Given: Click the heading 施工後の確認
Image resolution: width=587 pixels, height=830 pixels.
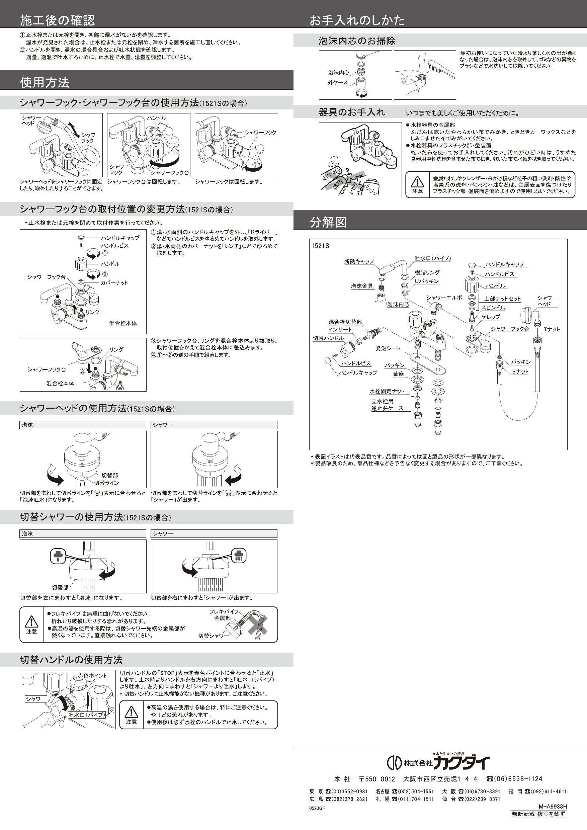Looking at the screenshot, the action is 57,20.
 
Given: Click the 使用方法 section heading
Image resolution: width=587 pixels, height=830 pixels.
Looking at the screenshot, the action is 45,82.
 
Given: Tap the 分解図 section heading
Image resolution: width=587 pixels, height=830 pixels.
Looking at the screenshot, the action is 328,222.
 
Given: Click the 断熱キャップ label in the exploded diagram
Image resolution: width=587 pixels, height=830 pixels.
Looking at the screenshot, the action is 359,261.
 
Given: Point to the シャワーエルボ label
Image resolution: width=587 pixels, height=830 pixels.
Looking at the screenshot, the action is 444,298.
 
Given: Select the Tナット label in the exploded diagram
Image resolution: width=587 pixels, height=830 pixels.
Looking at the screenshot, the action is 552,329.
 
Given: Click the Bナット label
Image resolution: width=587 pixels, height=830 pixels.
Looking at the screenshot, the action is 520,371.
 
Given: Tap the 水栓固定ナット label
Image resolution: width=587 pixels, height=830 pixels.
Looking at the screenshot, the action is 387,391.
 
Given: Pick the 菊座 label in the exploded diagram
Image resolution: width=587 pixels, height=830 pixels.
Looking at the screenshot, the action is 398,374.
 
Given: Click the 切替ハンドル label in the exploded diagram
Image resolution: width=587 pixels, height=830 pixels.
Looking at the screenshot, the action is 328,338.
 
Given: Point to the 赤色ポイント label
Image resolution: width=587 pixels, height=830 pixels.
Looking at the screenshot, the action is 92,675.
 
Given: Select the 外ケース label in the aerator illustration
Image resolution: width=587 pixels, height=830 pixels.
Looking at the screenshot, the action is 338,83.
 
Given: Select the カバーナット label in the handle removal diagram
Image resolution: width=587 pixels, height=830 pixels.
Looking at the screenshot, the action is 114,283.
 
